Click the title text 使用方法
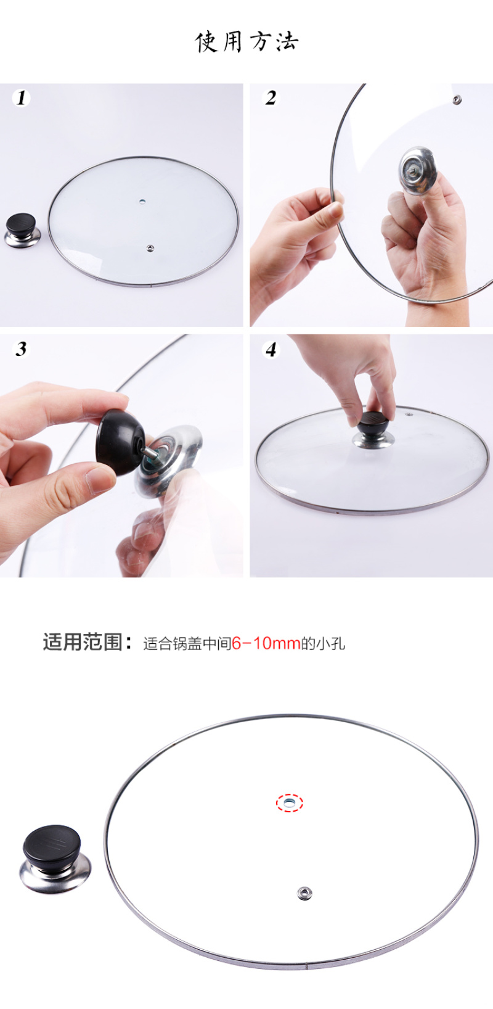click(x=246, y=42)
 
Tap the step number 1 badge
click(x=21, y=97)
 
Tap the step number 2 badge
click(x=271, y=97)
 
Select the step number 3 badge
click(x=21, y=348)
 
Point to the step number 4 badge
click(x=271, y=348)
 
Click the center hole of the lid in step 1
click(x=143, y=201)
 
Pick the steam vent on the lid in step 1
click(x=150, y=248)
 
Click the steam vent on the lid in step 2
click(x=457, y=99)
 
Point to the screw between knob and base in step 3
click(x=149, y=453)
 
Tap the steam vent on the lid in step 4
click(x=409, y=413)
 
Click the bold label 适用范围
click(x=83, y=642)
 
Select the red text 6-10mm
click(x=266, y=643)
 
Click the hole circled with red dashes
click(x=290, y=802)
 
